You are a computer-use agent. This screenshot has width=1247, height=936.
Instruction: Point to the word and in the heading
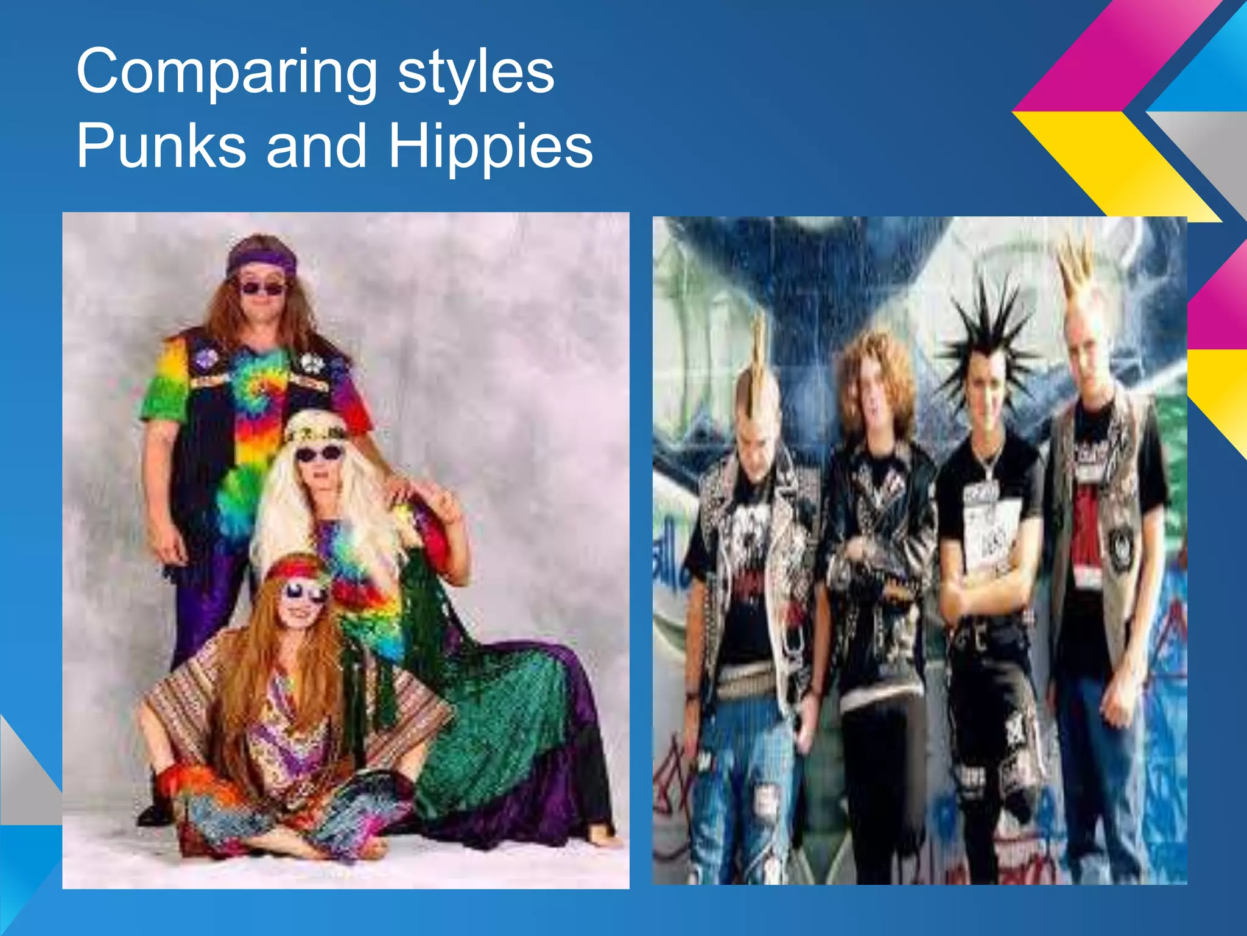tap(317, 146)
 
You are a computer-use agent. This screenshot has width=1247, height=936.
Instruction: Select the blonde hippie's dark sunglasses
tap(317, 454)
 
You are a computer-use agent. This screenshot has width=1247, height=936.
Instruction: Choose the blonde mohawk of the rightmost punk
tap(1078, 268)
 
